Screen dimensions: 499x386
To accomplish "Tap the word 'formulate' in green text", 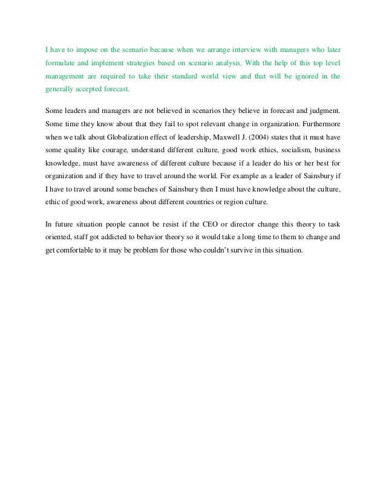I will point(61,62).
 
